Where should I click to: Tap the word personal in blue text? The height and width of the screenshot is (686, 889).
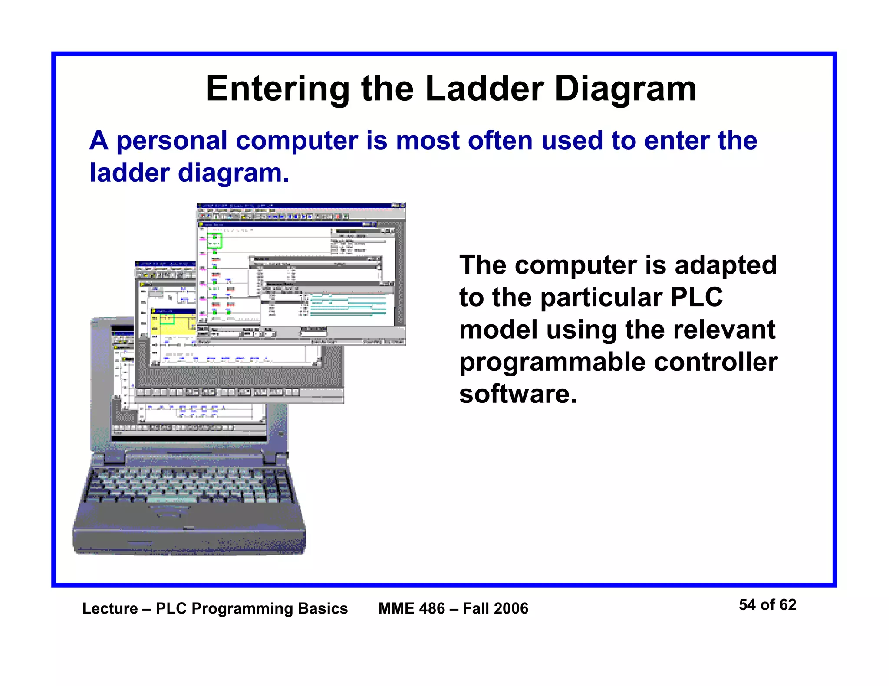172,141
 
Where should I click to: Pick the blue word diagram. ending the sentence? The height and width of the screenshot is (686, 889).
233,173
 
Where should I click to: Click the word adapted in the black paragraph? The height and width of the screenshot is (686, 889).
725,265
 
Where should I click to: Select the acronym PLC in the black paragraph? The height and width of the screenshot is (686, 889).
697,297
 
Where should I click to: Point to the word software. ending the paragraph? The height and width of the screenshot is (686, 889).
518,394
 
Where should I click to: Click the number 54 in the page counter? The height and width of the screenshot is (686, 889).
747,604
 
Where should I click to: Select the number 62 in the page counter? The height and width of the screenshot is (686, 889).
787,604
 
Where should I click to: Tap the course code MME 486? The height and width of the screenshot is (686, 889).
412,608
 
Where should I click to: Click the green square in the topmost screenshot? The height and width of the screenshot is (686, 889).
214,241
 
